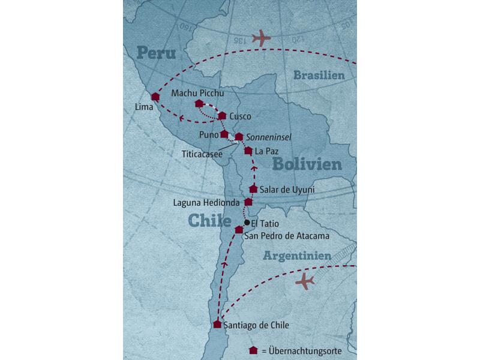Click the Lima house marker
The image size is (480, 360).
tap(155, 97)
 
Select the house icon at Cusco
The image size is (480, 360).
tap(222, 116)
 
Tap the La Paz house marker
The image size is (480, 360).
tap(248, 151)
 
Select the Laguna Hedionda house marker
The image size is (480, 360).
tap(248, 202)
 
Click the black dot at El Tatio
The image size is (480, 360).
tap(247, 222)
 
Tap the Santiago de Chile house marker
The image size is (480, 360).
tap(217, 325)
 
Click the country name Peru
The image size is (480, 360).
tap(156, 53)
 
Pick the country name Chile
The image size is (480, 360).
tap(210, 220)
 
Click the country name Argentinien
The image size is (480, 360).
tap(297, 256)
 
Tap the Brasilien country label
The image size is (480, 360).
tap(319, 75)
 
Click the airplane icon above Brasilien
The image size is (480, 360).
tap(262, 39)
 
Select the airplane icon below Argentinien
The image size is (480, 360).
tap(305, 280)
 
